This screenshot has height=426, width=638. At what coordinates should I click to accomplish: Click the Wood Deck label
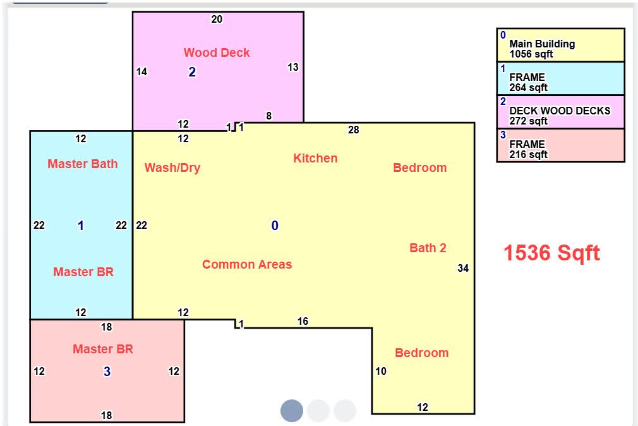tap(217, 52)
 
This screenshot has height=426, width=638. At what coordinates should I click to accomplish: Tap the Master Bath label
tap(83, 164)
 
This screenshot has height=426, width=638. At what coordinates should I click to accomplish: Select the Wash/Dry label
tap(172, 167)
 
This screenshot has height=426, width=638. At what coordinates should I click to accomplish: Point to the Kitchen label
tap(315, 158)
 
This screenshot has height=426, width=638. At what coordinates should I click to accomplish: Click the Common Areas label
tap(247, 264)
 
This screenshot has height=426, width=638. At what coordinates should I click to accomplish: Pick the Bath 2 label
tap(428, 248)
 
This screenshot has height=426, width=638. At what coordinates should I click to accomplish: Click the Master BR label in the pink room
tap(103, 349)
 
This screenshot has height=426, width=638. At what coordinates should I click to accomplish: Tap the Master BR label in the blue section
tap(83, 272)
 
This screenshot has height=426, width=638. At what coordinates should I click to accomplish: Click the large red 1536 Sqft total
tap(551, 253)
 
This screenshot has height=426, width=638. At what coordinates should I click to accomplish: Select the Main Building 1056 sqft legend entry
tap(560, 46)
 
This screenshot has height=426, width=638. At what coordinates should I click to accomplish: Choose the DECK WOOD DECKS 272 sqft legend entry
tap(560, 112)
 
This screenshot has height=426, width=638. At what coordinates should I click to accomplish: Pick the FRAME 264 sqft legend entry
tap(560, 78)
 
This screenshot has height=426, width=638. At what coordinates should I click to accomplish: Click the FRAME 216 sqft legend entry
tap(560, 145)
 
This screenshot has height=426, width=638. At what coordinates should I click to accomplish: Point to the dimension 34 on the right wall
tap(463, 268)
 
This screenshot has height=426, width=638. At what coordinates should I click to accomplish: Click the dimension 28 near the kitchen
tap(353, 130)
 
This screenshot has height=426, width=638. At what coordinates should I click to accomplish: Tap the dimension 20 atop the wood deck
tap(217, 19)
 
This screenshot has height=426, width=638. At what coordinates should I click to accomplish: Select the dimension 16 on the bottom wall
tap(303, 321)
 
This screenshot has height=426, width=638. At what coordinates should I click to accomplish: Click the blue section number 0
tap(275, 226)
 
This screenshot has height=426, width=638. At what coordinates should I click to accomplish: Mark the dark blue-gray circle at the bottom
tap(292, 411)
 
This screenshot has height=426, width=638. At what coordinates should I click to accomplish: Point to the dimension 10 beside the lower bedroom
tap(381, 371)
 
